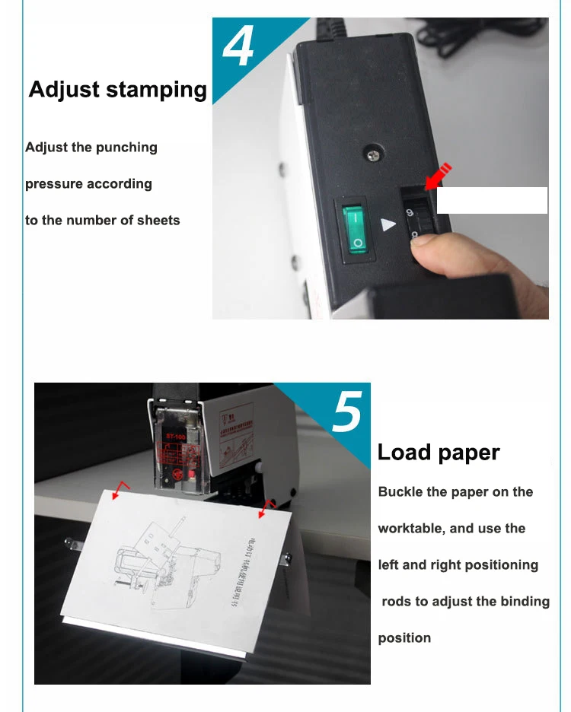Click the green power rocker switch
click(x=356, y=227)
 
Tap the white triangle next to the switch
click(x=389, y=225)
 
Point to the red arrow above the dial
click(x=438, y=176)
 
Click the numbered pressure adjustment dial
click(x=415, y=221)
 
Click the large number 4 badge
click(x=239, y=47)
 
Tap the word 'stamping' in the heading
click(x=156, y=90)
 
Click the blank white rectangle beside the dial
click(x=492, y=200)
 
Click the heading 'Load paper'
click(x=439, y=453)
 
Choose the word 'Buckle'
click(x=401, y=492)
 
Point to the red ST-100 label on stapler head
click(x=175, y=438)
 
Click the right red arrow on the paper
click(x=266, y=507)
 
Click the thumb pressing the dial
click(x=457, y=259)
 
